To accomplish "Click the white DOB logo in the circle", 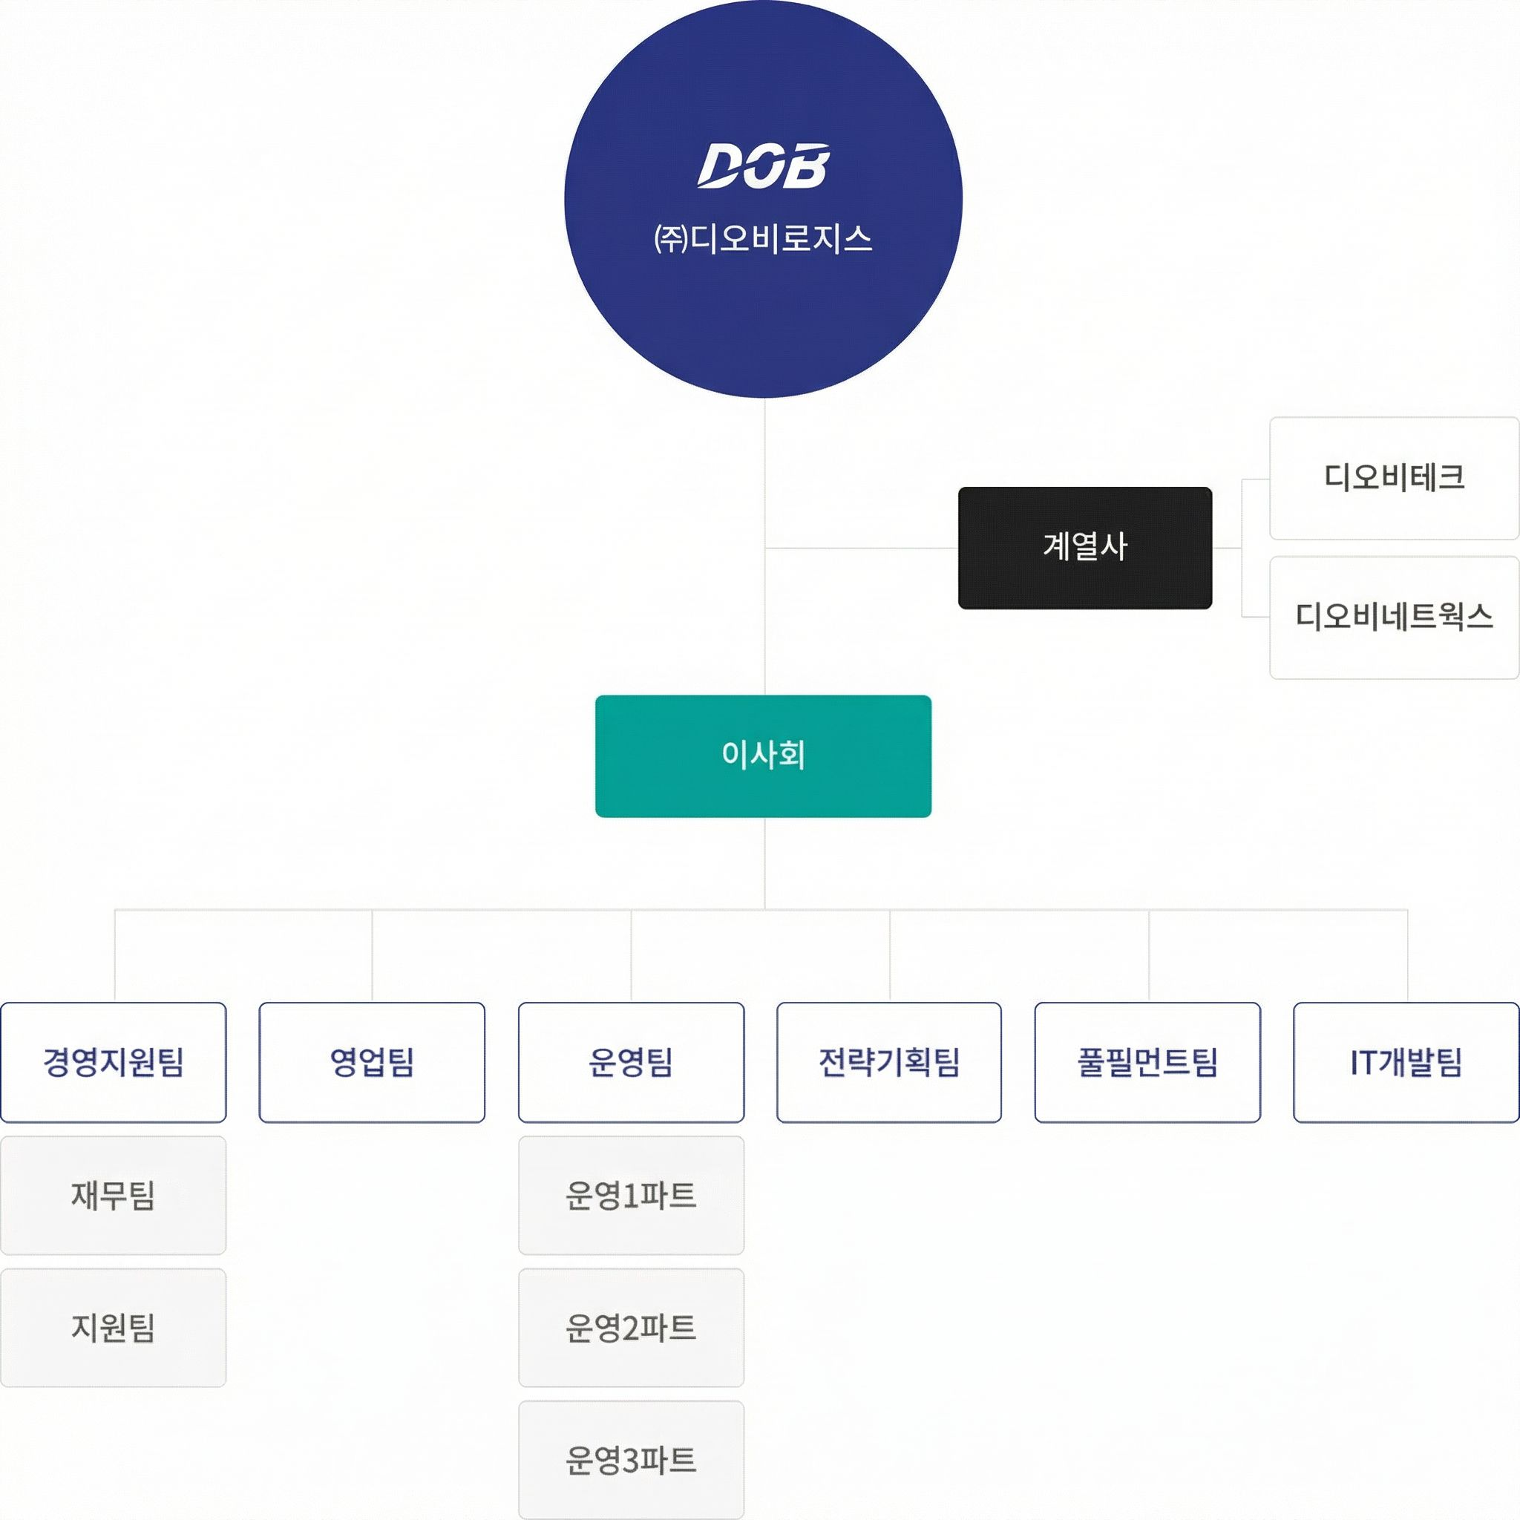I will point(762,166).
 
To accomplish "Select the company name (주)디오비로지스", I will point(763,238).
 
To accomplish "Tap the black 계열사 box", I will point(1084,548).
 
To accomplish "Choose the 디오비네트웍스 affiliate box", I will point(1393,617).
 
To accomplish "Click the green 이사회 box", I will point(763,756).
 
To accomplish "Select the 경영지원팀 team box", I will point(114,1062).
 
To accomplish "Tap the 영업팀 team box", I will point(372,1062).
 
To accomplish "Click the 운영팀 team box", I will point(631,1062).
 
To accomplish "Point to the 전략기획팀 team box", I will point(889,1062).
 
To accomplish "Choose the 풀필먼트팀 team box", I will point(1147,1062).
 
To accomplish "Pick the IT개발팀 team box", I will point(1406,1062).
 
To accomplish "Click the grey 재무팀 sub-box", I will point(114,1195).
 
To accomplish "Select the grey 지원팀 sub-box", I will point(114,1327).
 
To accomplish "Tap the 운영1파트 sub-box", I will point(631,1195).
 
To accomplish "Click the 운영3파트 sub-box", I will point(631,1460).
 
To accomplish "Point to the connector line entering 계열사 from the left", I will point(862,548).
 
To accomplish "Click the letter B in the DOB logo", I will point(807,166).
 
